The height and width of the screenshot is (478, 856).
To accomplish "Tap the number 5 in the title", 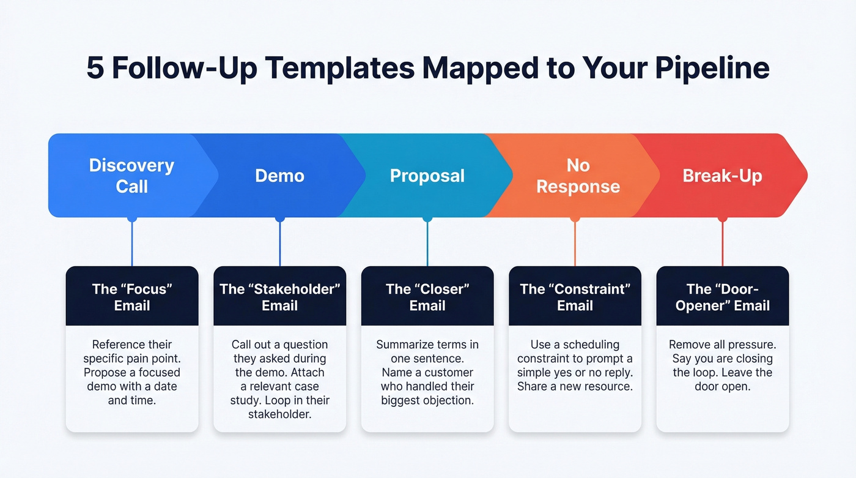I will (95, 68).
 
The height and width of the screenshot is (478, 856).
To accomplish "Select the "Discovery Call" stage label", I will (131, 176).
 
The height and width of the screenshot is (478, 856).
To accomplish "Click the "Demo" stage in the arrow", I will (279, 176).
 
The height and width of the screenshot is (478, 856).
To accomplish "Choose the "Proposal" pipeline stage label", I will (427, 176).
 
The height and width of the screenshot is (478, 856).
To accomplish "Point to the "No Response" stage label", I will (578, 176).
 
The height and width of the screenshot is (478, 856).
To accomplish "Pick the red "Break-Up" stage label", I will (722, 176).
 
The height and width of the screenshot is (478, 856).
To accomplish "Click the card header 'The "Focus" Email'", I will (132, 297).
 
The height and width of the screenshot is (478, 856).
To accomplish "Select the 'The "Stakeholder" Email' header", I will (279, 297).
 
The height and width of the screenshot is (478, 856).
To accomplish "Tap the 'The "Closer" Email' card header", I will (427, 297).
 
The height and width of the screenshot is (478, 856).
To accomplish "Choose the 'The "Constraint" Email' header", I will (575, 297).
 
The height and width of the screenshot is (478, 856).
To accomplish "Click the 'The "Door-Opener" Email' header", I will (722, 297).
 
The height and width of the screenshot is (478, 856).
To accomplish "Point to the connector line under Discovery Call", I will (132, 245).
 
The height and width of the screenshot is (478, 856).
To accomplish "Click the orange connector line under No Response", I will (575, 245).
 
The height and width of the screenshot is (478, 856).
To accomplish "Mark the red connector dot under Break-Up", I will (723, 218).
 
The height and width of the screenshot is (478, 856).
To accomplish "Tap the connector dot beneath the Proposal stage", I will (427, 218).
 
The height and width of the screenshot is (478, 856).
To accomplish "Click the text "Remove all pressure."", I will (722, 345).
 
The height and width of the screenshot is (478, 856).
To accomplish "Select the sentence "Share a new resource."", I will (575, 387).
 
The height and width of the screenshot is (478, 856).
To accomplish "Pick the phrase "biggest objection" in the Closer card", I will (427, 401).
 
